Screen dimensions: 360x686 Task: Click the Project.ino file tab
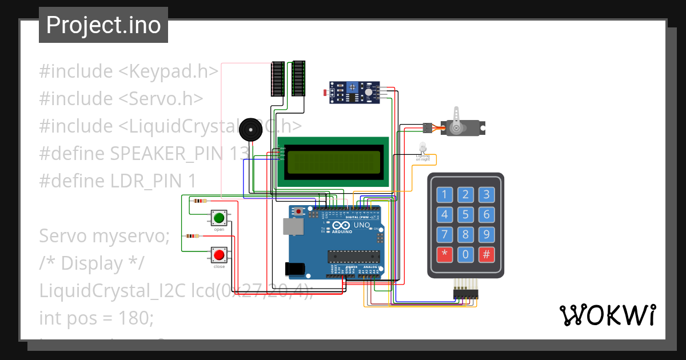click(103, 25)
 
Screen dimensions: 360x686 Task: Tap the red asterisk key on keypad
click(445, 254)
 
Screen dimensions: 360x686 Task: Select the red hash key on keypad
click(486, 254)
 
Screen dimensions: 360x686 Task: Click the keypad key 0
click(466, 254)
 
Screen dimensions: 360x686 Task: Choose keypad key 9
click(486, 234)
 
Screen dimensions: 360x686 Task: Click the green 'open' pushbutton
click(218, 218)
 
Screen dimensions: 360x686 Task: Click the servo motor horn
click(457, 121)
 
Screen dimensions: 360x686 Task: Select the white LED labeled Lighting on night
click(422, 147)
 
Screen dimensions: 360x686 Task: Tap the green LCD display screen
click(334, 162)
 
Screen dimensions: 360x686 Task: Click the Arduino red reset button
click(298, 211)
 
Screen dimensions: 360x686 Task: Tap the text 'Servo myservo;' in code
click(104, 235)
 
